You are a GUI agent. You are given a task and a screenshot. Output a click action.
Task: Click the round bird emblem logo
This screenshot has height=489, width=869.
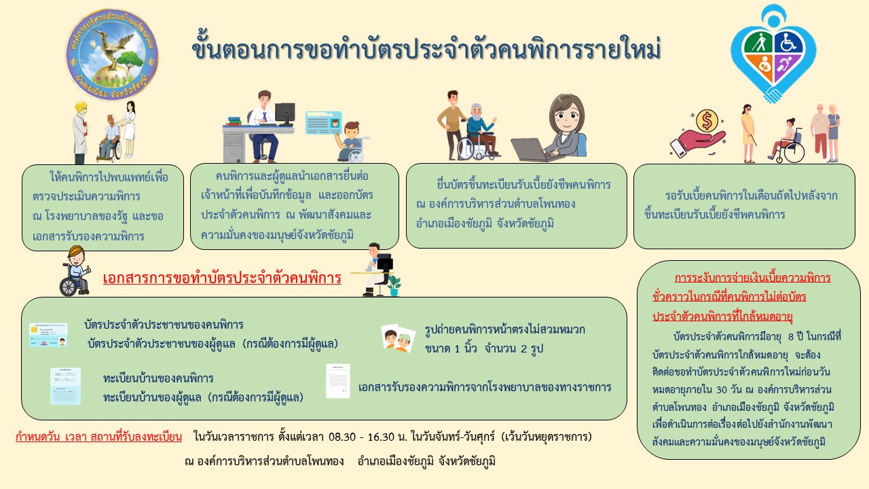coord(112,55)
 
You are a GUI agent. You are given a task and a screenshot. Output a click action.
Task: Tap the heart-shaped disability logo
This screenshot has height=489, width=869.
coord(773,54)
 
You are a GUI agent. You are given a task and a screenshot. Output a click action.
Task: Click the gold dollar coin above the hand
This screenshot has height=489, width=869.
coord(707,121)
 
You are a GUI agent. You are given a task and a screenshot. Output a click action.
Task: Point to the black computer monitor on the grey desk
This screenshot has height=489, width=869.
coord(285,113)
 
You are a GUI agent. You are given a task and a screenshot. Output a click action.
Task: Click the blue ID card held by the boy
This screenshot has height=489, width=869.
coord(324,123)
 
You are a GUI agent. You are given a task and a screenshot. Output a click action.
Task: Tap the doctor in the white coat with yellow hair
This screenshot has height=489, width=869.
coord(80,132)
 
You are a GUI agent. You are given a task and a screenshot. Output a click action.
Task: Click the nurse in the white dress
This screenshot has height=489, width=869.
coord(129,129)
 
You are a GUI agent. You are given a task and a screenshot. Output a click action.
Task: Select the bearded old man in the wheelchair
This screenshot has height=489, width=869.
coord(479,132)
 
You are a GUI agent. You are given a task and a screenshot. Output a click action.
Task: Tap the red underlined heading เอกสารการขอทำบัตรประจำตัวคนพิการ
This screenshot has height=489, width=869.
coord(222,278)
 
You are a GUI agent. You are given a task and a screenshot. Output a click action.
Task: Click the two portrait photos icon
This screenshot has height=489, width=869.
coord(398,338)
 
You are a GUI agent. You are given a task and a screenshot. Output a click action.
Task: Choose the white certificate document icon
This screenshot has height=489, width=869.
coord(338,381)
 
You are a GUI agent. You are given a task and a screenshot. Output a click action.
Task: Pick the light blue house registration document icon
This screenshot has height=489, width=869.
coord(66,386)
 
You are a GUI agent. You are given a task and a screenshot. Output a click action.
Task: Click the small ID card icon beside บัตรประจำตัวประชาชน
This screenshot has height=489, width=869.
coord(48,335)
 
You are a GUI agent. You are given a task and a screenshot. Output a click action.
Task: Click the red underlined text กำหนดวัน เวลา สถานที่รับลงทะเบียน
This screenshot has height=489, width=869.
coord(98,437)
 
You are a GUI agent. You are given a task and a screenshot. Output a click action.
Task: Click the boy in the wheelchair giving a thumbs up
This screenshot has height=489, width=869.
coord(75,271)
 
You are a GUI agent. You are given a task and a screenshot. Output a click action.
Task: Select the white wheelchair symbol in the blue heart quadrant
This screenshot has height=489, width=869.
coord(788,42)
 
